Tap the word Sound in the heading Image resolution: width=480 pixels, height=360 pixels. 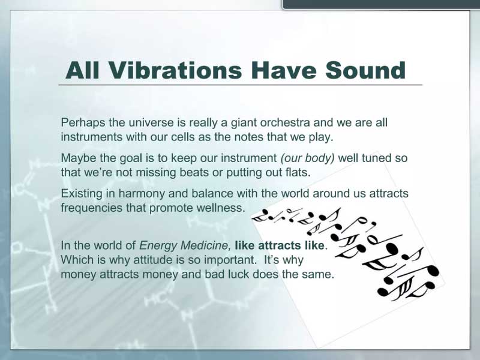point(365,70)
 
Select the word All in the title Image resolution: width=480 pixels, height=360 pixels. point(82,70)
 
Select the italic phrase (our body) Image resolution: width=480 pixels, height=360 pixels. point(307,158)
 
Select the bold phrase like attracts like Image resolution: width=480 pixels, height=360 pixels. point(280,245)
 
